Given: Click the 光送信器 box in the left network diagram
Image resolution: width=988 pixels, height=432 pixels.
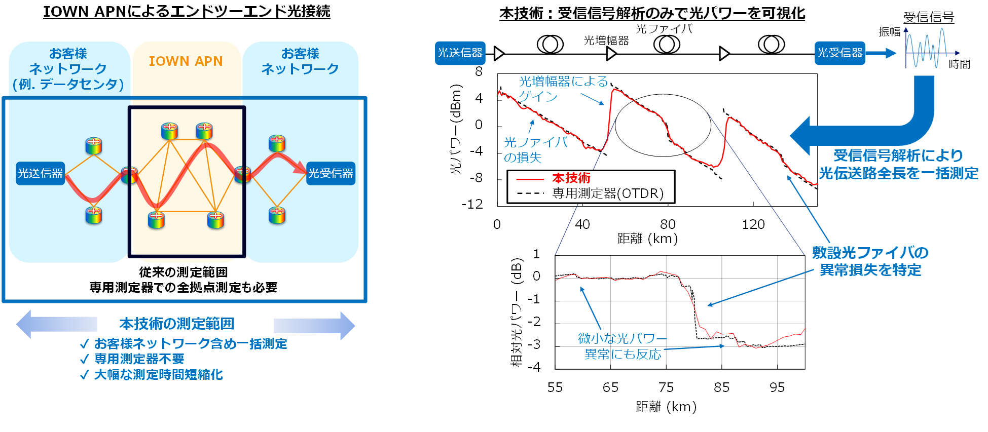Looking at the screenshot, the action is [41, 173].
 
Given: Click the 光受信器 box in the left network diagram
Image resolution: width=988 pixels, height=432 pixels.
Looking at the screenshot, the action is [331, 173].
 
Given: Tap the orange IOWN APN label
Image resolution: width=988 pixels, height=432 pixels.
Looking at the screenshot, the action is [186, 61].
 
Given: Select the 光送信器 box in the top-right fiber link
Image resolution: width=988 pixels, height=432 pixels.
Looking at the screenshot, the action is [460, 53].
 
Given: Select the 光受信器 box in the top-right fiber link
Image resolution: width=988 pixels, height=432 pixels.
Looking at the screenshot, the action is [840, 53].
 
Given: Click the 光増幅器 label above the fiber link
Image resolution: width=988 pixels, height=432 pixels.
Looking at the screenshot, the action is [606, 41].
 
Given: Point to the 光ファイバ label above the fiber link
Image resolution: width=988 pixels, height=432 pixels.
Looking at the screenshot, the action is [664, 29].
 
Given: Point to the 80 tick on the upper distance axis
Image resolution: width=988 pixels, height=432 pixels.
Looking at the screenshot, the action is [668, 224].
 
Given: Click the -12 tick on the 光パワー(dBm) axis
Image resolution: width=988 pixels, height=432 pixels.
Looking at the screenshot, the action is [472, 204].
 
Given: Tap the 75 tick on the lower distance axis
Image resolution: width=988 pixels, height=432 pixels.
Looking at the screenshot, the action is [666, 387].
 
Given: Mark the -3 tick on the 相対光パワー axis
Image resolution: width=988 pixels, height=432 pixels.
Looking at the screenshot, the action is [534, 344].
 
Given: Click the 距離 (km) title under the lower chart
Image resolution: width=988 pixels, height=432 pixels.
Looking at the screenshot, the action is [666, 407].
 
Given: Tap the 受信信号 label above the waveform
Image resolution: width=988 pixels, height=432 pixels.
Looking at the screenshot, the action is [929, 17].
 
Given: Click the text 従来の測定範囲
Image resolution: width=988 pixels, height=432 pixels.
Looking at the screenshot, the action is [184, 272].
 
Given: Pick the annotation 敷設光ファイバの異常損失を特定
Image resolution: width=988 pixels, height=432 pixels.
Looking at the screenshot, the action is [870, 261].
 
